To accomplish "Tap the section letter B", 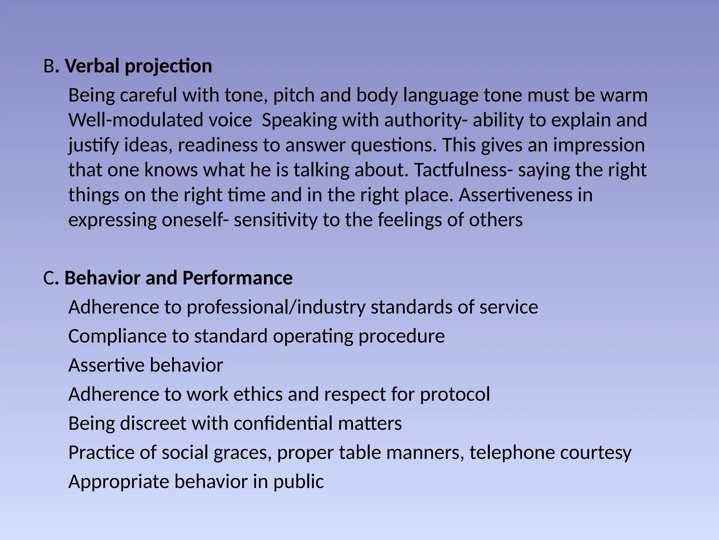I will point(48,66).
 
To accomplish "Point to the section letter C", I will point(48,278).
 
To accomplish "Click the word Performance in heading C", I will point(237,278).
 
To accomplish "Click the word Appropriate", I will point(119,482).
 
